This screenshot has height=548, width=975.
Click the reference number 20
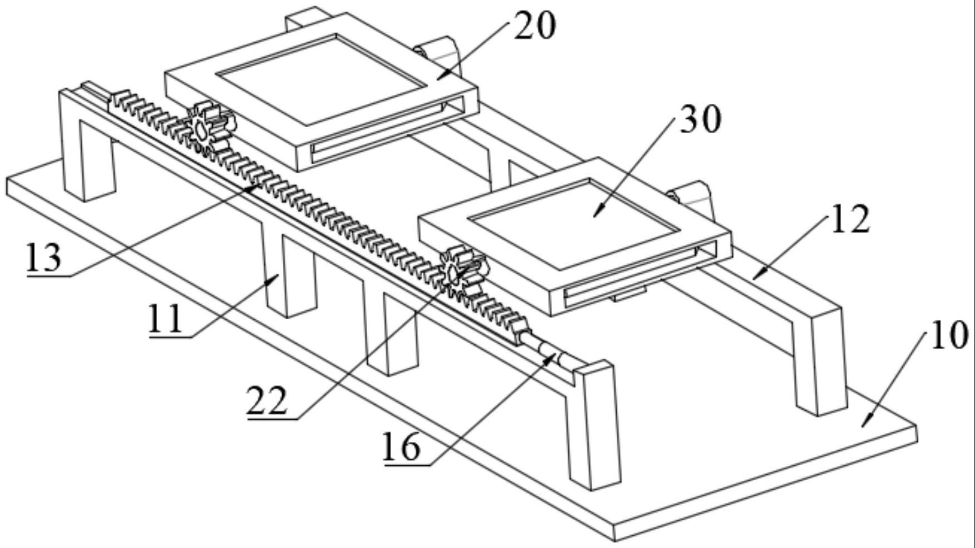click(534, 26)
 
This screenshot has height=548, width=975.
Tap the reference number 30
click(701, 119)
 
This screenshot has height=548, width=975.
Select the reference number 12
click(849, 219)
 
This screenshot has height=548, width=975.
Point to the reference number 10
click(949, 336)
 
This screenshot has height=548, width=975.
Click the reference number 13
click(44, 258)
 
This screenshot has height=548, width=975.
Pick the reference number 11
click(165, 320)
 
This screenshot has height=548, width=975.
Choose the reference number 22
click(267, 401)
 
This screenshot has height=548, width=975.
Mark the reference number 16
click(401, 448)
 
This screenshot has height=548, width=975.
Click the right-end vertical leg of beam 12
click(819, 361)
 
